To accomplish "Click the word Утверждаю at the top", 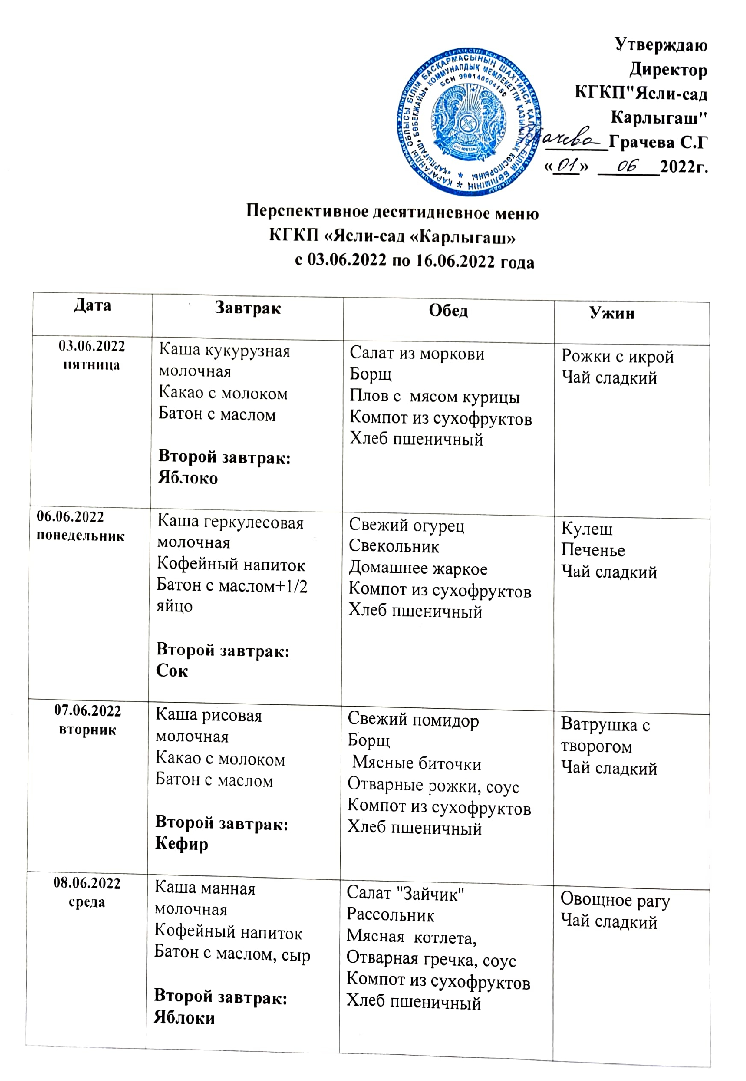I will coord(661,45).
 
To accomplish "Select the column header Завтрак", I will coord(248,308).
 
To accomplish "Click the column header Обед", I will coord(448,311).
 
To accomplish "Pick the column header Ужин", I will coord(612,313).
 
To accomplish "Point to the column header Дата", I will coord(92,306).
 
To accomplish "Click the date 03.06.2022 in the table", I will coord(92,346).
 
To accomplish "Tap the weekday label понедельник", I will coord(81,536).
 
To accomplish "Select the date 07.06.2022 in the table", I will coord(87,711).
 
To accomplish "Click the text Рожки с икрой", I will coord(617,357).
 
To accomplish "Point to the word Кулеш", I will coord(587,529).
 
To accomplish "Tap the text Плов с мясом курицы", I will coord(434,397).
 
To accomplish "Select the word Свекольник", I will coord(394,546).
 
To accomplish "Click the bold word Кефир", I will coord(181,844).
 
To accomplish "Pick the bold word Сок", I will coord(172,671).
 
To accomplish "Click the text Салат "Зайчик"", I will coord(405,893).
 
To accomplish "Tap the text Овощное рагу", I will coord(615,900).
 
